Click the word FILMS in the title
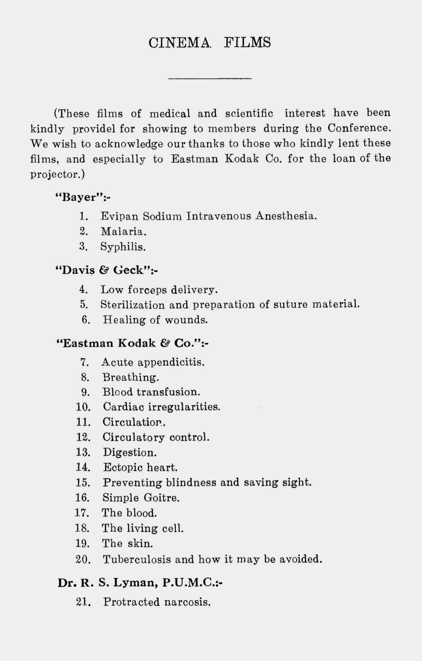[247, 43]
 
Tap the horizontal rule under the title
[210, 79]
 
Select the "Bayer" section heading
[82, 197]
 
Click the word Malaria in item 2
[123, 231]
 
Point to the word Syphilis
[123, 247]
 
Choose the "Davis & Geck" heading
[107, 270]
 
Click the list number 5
[84, 305]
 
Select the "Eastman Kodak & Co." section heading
[133, 343]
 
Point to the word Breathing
[131, 377]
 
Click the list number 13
[83, 452]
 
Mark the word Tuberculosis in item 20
[137, 559]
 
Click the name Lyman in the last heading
[135, 582]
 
